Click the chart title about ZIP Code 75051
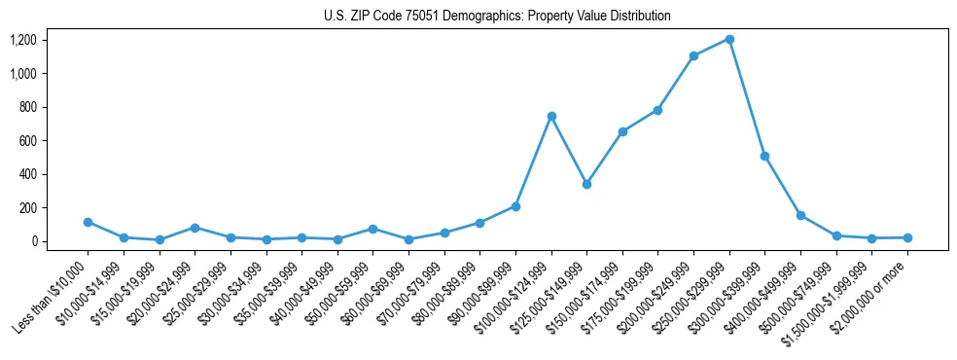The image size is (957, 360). [x=497, y=16]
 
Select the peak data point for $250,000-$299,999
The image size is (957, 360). [x=729, y=40]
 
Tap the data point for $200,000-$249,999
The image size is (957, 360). [x=693, y=56]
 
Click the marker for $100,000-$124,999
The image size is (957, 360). [x=551, y=117]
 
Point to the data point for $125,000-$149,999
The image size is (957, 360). [x=586, y=184]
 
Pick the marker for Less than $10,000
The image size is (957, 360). [x=88, y=222]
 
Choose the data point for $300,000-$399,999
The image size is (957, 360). [x=764, y=156]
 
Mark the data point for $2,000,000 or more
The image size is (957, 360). [x=907, y=237]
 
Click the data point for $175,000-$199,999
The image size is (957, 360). [x=658, y=110]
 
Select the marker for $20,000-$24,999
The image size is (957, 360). [x=195, y=228]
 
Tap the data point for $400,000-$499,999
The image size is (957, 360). [x=800, y=215]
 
